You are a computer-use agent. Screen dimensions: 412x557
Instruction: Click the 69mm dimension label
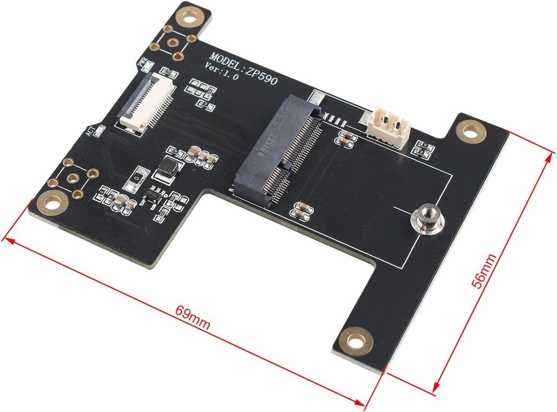(x=192, y=317)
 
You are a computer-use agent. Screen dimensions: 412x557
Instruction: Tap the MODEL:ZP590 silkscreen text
(x=244, y=69)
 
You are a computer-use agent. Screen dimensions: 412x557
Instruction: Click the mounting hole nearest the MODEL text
(x=189, y=17)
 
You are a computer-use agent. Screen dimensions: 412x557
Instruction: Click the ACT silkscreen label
(x=90, y=131)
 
